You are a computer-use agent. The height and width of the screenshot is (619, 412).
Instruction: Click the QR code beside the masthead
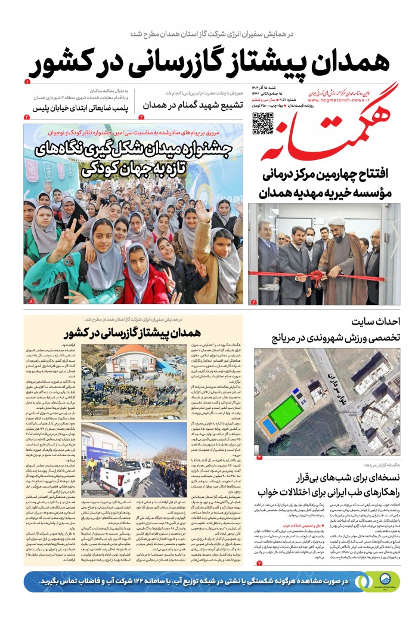point(262,123)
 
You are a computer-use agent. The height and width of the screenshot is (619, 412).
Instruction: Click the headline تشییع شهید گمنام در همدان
point(203,104)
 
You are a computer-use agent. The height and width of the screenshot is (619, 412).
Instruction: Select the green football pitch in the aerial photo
point(284,411)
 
